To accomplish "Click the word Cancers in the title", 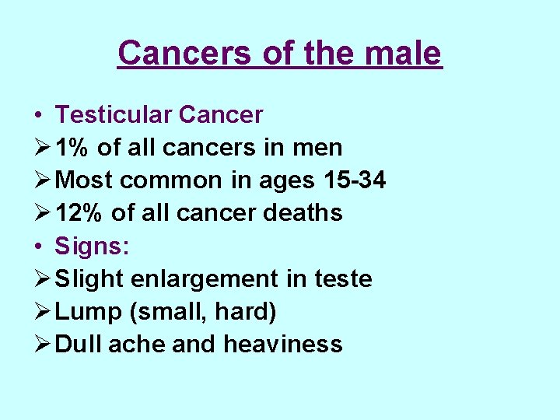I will [x=184, y=53].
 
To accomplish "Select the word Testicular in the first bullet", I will [x=113, y=115].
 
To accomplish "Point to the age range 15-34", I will [x=354, y=180].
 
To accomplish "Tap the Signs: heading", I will [x=93, y=246].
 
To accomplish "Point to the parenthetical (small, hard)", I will [x=204, y=311].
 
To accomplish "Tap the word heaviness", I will [x=282, y=344].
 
